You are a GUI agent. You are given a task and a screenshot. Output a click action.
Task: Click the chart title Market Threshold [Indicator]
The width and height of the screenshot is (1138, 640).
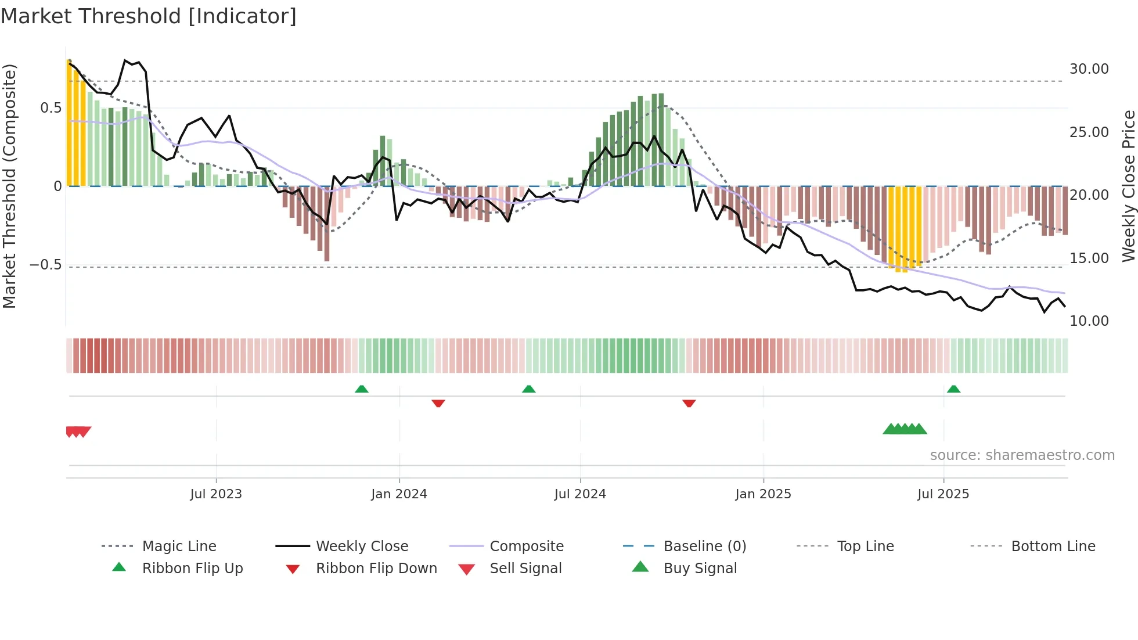coord(149,16)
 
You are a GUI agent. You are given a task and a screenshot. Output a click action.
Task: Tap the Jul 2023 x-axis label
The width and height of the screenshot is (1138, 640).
coord(216,494)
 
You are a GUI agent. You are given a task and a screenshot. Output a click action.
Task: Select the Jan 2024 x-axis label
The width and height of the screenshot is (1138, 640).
coord(399,494)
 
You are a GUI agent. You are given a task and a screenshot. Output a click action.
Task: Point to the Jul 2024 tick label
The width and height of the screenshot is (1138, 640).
coord(580,494)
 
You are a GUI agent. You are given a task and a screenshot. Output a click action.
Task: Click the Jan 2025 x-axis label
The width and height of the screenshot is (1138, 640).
coord(763,494)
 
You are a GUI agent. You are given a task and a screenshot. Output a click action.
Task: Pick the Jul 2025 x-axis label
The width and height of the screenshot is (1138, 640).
coord(943,494)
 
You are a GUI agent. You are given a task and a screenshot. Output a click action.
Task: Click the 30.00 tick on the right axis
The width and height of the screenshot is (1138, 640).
coord(1089,69)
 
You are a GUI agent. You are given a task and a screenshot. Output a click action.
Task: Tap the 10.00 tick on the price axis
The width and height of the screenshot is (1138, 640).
coord(1089,321)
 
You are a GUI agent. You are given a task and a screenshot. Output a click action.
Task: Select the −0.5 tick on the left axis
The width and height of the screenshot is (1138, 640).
coord(45,265)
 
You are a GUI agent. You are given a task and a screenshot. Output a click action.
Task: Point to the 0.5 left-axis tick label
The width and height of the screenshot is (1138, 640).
coord(51,108)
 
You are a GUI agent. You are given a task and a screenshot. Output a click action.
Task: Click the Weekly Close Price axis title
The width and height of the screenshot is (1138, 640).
coord(1128,186)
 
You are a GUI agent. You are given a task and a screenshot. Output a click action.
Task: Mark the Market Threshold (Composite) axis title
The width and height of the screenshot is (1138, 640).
coord(9,186)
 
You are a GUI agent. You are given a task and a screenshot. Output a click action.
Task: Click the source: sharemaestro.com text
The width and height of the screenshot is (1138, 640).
coord(1022,455)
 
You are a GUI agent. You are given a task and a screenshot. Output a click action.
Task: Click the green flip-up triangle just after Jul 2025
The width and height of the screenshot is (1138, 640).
coord(953,389)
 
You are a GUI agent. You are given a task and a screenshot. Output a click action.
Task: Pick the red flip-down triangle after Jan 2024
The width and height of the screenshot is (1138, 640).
coord(438,403)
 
